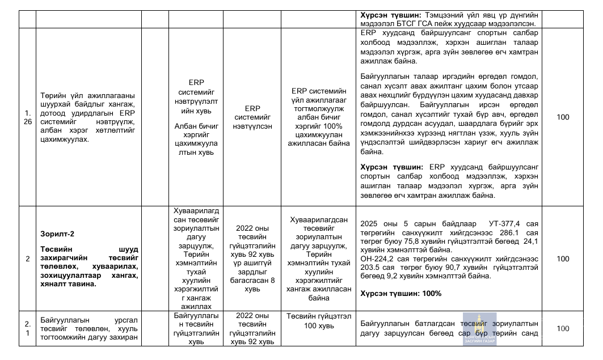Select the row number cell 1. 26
[27, 117]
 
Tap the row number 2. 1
[27, 328]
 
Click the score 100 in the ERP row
[563, 117]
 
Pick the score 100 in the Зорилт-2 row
[563, 259]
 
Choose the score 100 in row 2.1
[563, 328]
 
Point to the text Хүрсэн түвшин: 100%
[400, 294]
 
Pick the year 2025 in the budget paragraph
[370, 223]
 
